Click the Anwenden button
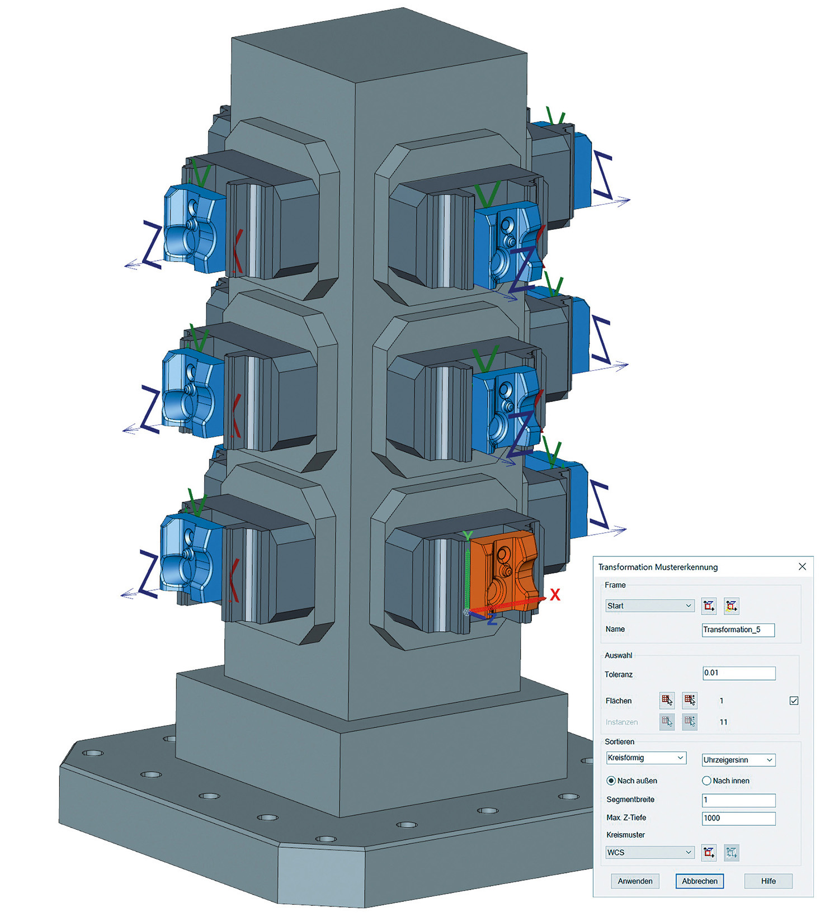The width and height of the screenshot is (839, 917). point(635,881)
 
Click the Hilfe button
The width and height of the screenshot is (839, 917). point(768,881)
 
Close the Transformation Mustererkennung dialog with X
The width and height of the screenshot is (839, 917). point(802,566)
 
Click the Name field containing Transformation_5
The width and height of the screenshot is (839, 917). point(738,630)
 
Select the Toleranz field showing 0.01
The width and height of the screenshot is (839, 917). point(738,673)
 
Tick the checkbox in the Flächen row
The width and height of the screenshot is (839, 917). point(794,701)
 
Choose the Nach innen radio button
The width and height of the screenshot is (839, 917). point(706,781)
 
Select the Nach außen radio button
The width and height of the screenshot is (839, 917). point(611,781)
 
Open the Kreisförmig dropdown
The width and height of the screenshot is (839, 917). point(646,758)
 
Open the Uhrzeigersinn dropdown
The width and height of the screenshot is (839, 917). point(738,760)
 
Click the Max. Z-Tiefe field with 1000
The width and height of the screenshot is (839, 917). point(738,818)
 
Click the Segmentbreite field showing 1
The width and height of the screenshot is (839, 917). point(738,800)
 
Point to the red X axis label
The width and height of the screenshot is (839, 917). point(554,594)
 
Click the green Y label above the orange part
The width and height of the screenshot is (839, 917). point(468,536)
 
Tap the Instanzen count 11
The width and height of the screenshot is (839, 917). point(723,722)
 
